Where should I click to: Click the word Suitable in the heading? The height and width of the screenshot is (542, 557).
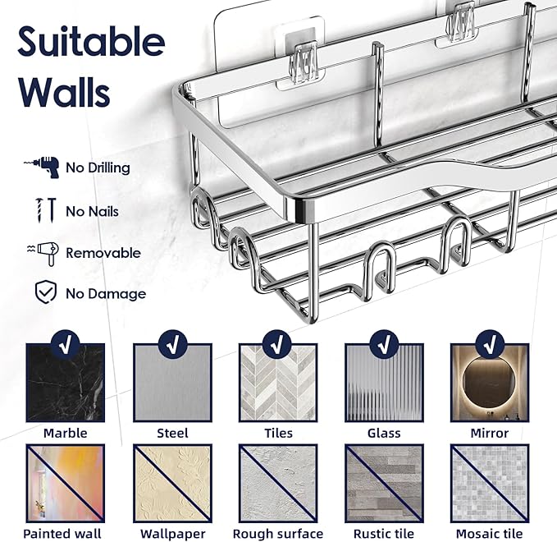[x=90, y=41]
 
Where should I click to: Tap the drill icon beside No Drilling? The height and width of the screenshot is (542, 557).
[x=43, y=167]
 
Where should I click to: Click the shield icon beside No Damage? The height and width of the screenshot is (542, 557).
[x=43, y=292]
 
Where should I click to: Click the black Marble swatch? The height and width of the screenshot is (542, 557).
[x=66, y=383]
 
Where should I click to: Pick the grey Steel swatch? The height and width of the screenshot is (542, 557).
[x=172, y=383]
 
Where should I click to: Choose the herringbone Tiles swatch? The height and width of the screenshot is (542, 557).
[x=278, y=383]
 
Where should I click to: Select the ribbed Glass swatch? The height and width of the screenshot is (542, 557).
[x=384, y=383]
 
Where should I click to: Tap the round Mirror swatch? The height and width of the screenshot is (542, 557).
[x=490, y=383]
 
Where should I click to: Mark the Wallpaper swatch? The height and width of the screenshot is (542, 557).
[x=171, y=483]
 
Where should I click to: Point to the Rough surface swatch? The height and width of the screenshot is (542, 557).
[x=278, y=483]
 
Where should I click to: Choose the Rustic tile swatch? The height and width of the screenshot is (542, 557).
[x=383, y=483]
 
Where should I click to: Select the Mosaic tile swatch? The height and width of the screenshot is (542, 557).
[x=490, y=483]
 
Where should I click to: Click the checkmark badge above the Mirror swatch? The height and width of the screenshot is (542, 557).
[x=490, y=342]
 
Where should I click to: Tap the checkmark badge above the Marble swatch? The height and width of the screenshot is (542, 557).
[x=66, y=342]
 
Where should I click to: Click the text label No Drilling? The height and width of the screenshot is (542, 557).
[x=98, y=168]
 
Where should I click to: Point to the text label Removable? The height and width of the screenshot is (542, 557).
[x=103, y=253]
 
